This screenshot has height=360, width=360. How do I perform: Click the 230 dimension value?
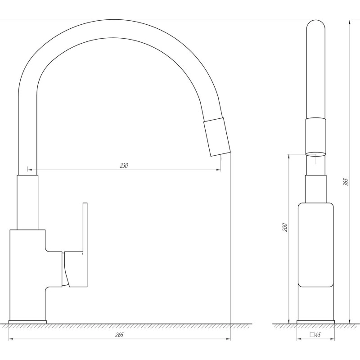tap(124, 166)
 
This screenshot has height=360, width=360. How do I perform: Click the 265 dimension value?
tap(119, 335)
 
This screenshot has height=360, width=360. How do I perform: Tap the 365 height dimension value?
tap(346, 182)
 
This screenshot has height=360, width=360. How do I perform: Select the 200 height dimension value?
tap(285, 227)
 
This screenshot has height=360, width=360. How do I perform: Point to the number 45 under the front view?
tap(318, 335)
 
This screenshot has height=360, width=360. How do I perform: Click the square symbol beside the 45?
tap(312, 334)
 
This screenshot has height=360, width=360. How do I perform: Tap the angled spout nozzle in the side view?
tap(217, 137)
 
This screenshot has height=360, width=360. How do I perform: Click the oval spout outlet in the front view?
tap(316, 154)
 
